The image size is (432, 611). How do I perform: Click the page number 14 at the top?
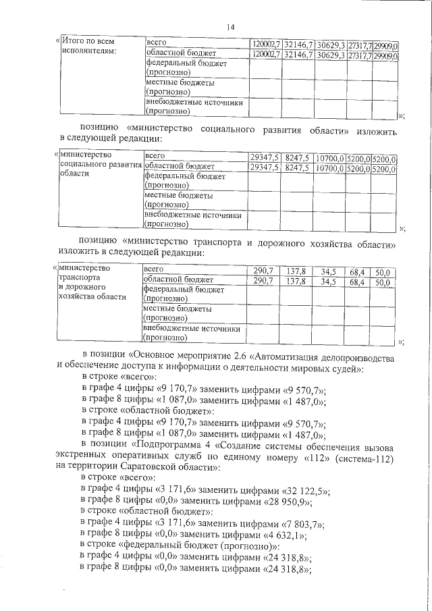click(x=230, y=27)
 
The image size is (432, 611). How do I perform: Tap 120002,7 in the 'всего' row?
click(x=265, y=43)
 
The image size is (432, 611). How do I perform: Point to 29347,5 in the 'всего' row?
click(x=264, y=157)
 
